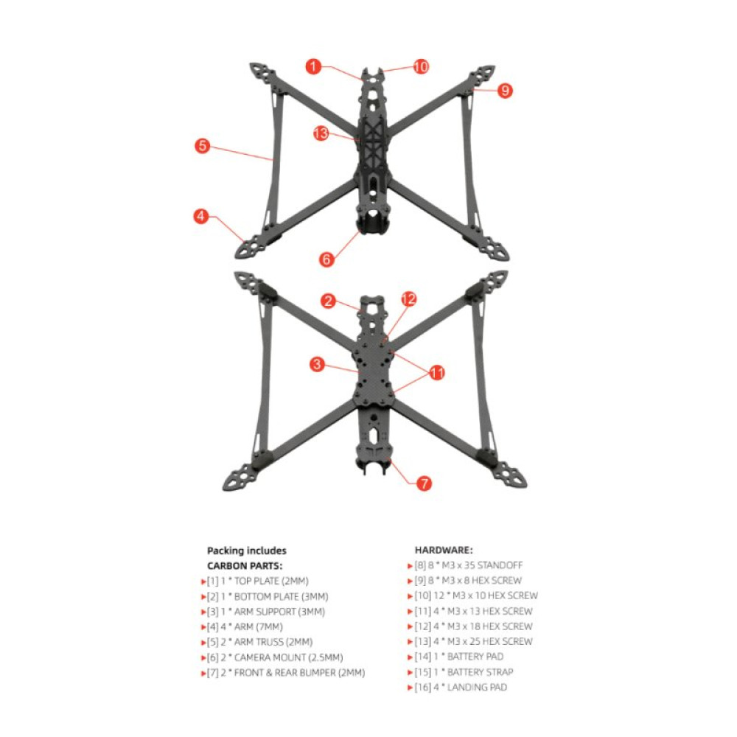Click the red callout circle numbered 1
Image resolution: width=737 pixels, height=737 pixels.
(x=315, y=67)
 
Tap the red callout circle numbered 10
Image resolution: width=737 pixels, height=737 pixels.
(x=420, y=67)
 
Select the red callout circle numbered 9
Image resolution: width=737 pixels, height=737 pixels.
(x=504, y=91)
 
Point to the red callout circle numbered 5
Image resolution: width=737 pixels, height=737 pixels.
(x=203, y=146)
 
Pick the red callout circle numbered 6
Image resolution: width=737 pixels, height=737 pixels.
(x=327, y=259)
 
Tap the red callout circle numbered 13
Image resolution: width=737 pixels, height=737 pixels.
(x=321, y=133)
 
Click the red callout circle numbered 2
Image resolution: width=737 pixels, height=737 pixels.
(x=329, y=301)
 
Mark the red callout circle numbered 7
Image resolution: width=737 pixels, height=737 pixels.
(x=424, y=483)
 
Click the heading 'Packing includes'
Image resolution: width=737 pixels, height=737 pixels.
(x=247, y=551)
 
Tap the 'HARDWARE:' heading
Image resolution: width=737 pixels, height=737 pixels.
(x=444, y=550)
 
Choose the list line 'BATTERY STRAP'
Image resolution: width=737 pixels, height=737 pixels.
(x=463, y=672)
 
